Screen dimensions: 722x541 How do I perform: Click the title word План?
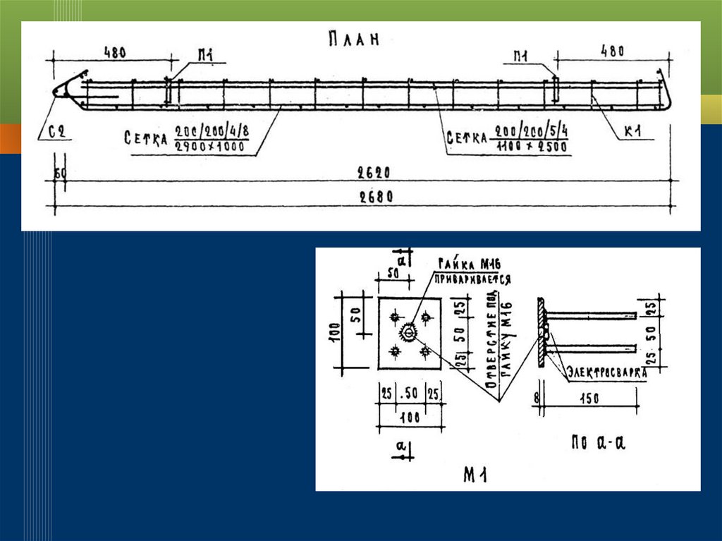353,39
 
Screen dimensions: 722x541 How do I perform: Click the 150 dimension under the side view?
589,399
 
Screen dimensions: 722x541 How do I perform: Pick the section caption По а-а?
599,444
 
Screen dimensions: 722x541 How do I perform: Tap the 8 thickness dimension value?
536,399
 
